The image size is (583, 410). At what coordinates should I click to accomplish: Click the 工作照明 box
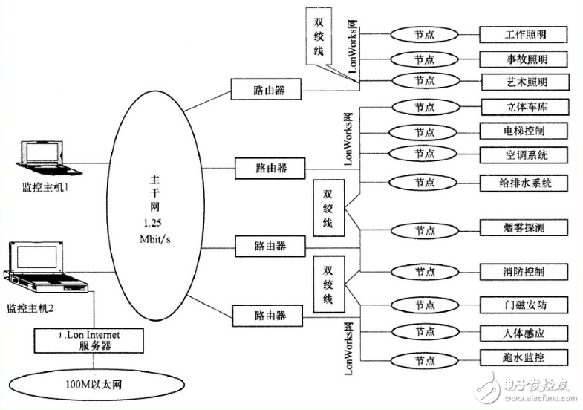click(524, 35)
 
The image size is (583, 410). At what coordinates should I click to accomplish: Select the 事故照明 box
click(524, 59)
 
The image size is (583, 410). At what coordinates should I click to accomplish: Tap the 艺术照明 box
click(524, 82)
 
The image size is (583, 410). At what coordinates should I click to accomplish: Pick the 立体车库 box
click(524, 108)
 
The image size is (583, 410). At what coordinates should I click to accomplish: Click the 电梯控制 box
click(524, 131)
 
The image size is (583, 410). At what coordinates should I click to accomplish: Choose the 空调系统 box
click(524, 154)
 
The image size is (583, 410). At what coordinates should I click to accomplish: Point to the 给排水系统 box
click(524, 181)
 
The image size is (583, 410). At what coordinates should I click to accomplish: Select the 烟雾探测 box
click(524, 227)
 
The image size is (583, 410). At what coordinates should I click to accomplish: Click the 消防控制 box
click(524, 272)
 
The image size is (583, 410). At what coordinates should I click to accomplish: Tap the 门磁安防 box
click(524, 305)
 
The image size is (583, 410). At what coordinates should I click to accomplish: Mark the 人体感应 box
click(524, 331)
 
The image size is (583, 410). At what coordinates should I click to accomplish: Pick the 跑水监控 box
click(524, 357)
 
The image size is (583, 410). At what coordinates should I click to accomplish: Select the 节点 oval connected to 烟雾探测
click(424, 228)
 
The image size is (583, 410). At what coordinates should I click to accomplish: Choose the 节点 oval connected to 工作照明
click(424, 35)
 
